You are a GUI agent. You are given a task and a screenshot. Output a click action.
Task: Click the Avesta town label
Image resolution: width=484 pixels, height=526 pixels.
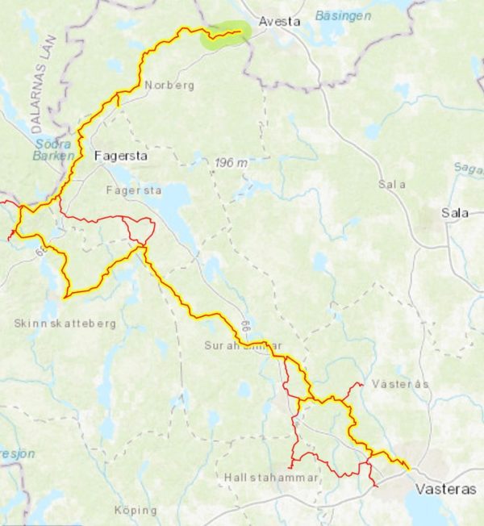(278, 22)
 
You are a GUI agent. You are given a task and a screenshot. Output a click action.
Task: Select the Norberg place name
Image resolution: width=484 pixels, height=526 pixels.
(169, 85)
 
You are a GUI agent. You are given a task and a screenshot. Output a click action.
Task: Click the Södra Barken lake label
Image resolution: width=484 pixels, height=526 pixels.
(54, 149)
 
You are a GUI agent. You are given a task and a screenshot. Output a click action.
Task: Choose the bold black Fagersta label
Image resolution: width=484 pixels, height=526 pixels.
(121, 157)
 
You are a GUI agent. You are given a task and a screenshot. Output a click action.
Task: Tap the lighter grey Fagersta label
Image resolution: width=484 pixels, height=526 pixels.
(134, 191)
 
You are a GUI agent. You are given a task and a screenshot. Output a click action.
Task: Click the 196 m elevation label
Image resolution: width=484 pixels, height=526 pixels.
(232, 163)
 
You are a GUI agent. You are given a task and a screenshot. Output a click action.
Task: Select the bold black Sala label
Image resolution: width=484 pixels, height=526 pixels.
(455, 213)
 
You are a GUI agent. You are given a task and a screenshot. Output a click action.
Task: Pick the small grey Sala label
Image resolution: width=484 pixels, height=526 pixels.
(392, 185)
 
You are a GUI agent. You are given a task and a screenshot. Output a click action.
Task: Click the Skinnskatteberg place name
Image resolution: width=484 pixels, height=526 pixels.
(65, 324)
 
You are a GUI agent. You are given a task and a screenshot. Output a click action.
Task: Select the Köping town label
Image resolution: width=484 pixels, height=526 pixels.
(136, 510)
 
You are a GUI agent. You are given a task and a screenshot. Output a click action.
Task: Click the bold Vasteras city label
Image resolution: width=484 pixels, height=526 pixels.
(445, 490)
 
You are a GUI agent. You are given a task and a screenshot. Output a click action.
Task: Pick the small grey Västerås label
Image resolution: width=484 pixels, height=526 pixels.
(401, 384)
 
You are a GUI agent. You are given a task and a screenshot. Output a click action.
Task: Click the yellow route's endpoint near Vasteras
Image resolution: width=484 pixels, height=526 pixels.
(408, 468)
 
